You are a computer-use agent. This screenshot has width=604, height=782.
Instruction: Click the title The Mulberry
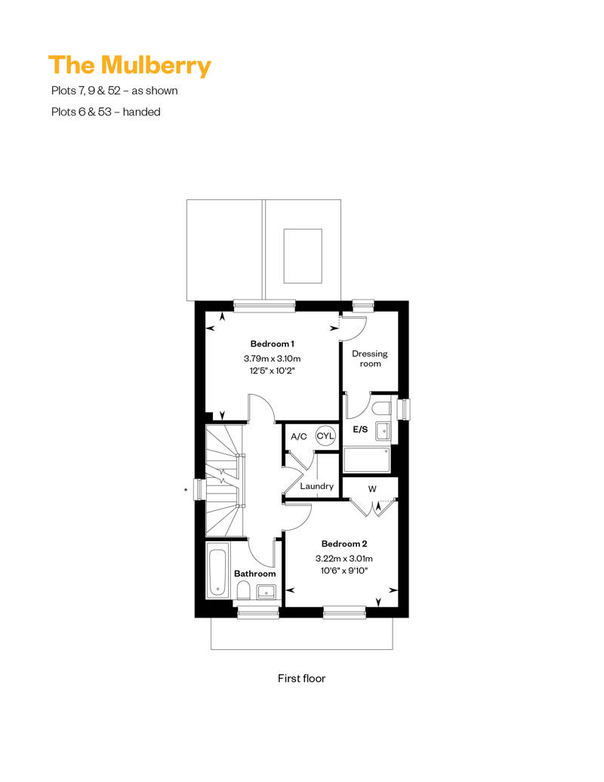click(x=130, y=66)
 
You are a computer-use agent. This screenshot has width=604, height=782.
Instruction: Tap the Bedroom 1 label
click(x=272, y=343)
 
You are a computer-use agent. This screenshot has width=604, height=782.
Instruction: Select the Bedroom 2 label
click(x=344, y=543)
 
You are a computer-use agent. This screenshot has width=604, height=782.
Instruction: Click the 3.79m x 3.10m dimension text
click(x=272, y=358)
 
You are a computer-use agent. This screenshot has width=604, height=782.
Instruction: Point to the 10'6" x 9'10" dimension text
click(x=344, y=571)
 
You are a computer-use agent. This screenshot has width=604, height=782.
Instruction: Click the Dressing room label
click(x=370, y=359)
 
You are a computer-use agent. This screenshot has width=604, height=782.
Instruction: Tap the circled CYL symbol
click(x=325, y=436)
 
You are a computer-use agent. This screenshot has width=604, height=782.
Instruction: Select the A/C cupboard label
click(x=299, y=437)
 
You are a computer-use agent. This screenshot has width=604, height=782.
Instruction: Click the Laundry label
click(x=316, y=486)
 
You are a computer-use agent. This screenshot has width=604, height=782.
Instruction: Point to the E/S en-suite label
click(x=360, y=429)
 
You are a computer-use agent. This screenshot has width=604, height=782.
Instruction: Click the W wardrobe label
click(x=372, y=489)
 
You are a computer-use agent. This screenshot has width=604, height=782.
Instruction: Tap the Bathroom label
click(x=255, y=574)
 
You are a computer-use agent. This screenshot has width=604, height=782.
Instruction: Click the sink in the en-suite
click(x=383, y=432)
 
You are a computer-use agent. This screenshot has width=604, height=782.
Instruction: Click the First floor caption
click(x=301, y=679)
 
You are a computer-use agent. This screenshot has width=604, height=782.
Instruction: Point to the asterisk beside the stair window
click(x=186, y=490)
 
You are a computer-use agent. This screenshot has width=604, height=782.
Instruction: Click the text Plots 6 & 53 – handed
click(x=106, y=112)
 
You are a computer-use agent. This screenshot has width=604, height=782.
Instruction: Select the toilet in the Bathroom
click(x=244, y=592)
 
